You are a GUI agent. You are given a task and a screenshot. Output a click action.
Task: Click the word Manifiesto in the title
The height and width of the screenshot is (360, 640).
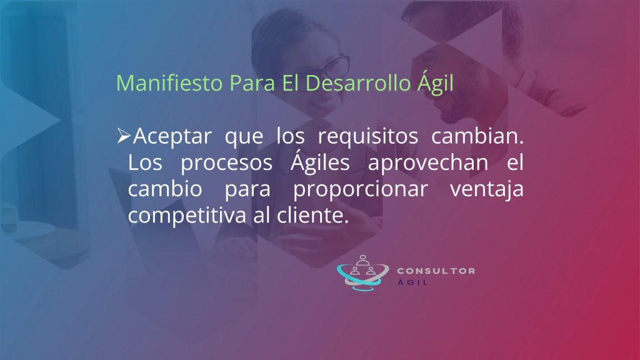click(169, 83)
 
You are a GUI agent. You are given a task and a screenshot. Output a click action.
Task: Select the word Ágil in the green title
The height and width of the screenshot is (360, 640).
click(435, 83)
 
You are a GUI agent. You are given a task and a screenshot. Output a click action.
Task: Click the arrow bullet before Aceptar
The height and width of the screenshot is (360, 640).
click(124, 136)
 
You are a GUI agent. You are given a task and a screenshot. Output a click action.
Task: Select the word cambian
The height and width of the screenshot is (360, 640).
click(477, 136)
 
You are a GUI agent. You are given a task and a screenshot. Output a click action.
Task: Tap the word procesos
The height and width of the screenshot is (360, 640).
click(226, 163)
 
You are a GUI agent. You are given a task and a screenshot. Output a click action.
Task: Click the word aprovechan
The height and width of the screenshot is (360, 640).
click(428, 163)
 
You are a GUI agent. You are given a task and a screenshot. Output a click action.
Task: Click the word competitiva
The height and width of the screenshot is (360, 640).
click(187, 216)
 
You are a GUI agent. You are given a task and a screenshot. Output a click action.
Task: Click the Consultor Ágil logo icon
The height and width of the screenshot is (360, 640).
click(362, 272)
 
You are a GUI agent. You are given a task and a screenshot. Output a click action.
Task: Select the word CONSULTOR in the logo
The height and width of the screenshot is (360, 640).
click(436, 271)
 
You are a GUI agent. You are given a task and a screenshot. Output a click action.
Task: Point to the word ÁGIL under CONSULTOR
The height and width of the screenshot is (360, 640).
click(412, 282)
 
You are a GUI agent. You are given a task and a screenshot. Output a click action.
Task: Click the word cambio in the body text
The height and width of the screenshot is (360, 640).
click(165, 189)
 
